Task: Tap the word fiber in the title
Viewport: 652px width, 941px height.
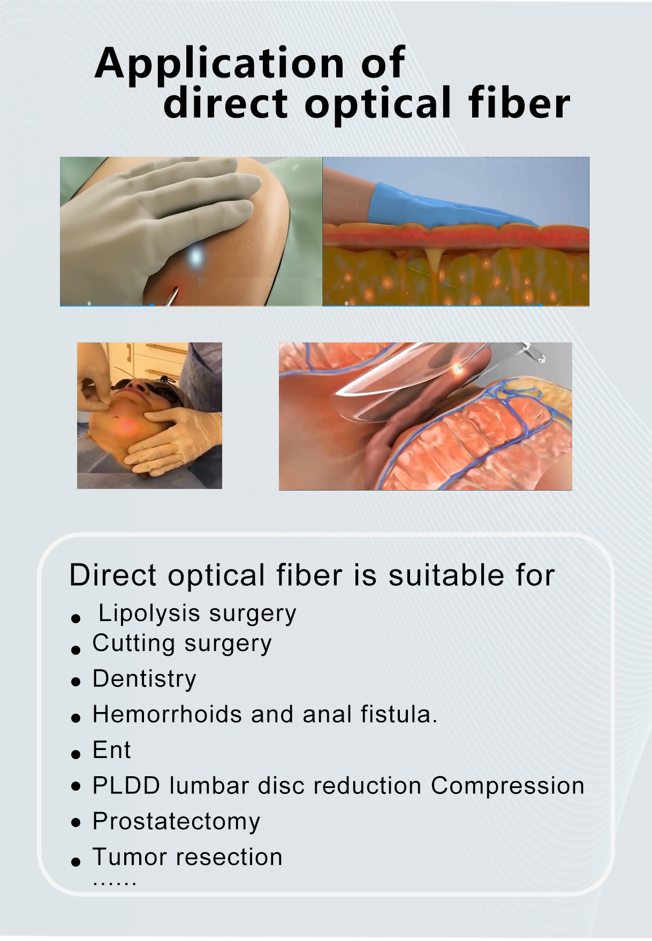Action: click(x=519, y=103)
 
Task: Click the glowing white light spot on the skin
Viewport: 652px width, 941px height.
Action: click(x=196, y=257)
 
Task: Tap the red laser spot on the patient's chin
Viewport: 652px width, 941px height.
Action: click(x=127, y=425)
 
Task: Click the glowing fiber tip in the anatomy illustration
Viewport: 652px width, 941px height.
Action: click(x=457, y=368)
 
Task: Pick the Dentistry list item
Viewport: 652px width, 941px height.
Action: click(x=145, y=679)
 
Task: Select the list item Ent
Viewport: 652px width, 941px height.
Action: click(x=111, y=750)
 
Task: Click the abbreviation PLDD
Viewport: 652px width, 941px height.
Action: click(x=126, y=786)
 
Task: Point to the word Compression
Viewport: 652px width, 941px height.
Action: click(x=507, y=786)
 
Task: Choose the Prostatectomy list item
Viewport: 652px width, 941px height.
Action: click(x=176, y=822)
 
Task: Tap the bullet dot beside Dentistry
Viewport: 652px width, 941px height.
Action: click(x=75, y=682)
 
